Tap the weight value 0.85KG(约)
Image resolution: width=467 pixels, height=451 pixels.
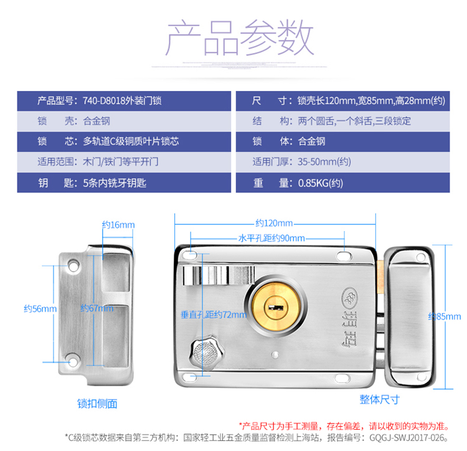(321, 183)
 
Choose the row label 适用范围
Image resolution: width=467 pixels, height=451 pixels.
(56, 162)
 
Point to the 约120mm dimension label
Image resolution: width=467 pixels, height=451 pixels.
(274, 223)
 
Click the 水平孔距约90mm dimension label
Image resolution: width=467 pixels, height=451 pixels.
(271, 238)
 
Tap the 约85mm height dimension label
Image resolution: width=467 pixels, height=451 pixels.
(446, 316)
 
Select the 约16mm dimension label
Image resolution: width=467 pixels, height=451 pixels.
(118, 224)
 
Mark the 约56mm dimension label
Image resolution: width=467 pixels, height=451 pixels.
(40, 308)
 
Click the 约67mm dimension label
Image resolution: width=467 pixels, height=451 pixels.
(97, 308)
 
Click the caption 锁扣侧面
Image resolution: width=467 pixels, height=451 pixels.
(97, 404)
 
